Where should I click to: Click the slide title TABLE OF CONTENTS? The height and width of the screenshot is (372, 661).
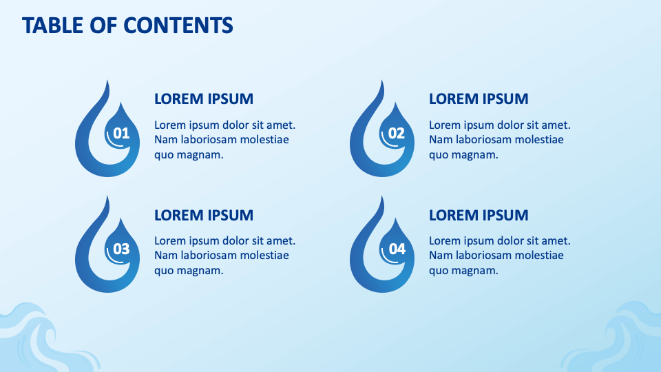(127, 25)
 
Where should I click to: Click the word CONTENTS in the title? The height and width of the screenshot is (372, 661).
(178, 25)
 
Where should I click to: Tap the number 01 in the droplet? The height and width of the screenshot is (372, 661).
(121, 133)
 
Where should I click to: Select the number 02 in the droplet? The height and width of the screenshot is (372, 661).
(397, 133)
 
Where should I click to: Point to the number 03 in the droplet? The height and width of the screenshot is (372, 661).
(121, 249)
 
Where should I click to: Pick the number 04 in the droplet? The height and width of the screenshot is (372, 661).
(397, 249)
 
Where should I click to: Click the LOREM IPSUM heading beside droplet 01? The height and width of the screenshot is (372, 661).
(204, 99)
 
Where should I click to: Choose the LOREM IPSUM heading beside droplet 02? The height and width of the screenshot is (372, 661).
(479, 99)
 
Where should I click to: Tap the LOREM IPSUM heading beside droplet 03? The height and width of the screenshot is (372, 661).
(204, 215)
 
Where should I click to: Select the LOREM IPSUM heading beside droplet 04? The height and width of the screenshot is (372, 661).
(479, 215)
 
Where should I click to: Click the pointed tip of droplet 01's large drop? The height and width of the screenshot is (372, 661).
(108, 81)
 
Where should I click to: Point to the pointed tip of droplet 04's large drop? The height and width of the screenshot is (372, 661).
(383, 196)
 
